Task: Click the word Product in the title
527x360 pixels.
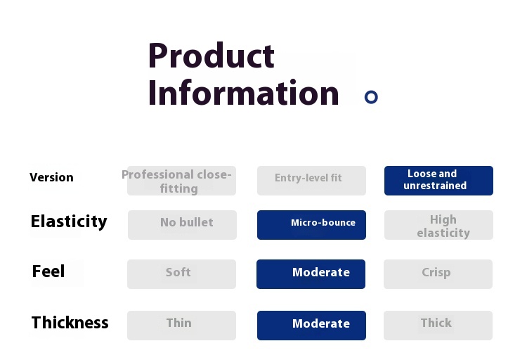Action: [212, 55]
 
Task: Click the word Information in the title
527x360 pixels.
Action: [243, 92]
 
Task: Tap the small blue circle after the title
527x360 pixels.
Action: [371, 97]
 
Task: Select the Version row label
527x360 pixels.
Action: [51, 177]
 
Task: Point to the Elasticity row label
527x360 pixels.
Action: [69, 221]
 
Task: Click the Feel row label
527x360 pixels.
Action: [48, 271]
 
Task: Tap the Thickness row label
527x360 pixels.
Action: [70, 322]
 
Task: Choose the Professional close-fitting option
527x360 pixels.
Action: [181, 181]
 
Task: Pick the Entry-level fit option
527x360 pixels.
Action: [311, 181]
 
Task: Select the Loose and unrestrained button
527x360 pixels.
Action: [438, 181]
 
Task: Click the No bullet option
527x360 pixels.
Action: [182, 225]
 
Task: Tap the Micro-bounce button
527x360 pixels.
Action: [311, 225]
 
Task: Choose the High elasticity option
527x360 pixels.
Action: [438, 225]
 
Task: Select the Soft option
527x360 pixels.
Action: [181, 274]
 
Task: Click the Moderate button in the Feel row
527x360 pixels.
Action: [311, 274]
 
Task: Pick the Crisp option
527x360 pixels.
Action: [438, 274]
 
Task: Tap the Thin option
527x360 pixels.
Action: [181, 326]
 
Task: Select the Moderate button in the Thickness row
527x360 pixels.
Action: [311, 326]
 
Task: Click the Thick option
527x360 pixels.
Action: [438, 326]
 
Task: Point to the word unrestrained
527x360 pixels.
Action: [435, 186]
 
